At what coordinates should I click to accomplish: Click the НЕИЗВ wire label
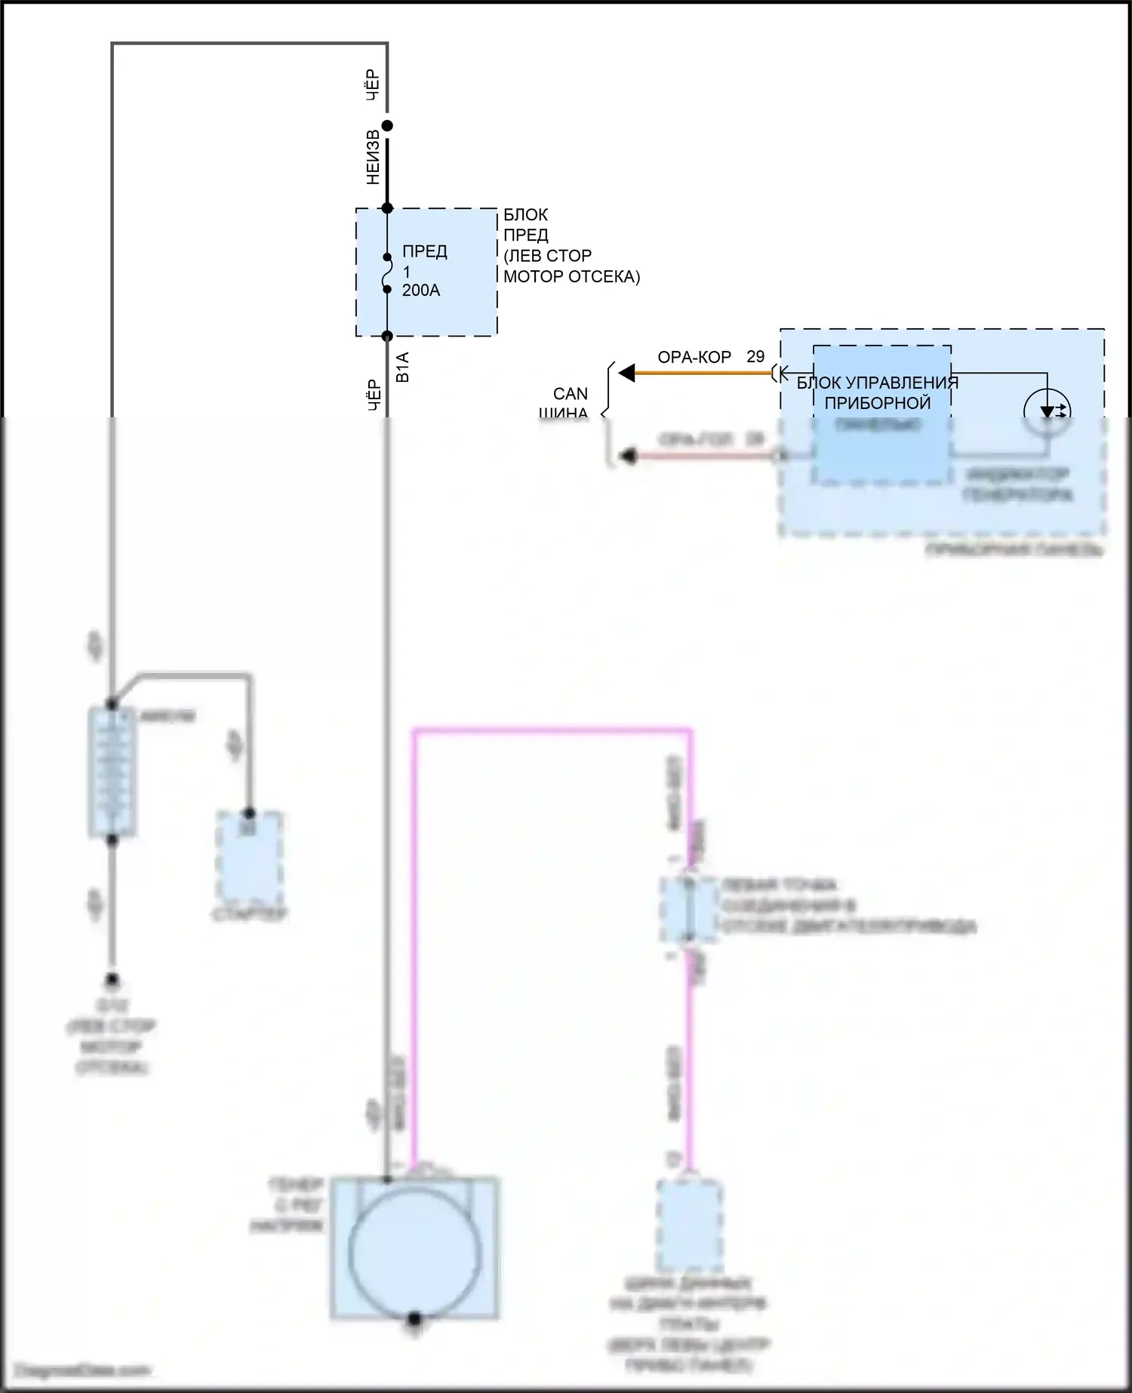click(x=373, y=158)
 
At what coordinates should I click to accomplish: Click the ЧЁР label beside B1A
click(x=374, y=395)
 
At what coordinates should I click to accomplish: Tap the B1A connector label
click(x=403, y=367)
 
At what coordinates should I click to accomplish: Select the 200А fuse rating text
click(x=421, y=291)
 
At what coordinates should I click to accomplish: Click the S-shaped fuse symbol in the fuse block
click(x=387, y=273)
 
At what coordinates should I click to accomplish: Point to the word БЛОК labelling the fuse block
click(x=525, y=215)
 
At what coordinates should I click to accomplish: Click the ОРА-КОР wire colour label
click(x=694, y=358)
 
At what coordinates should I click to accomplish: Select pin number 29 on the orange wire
click(x=755, y=357)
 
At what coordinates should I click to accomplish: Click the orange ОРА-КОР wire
click(x=702, y=373)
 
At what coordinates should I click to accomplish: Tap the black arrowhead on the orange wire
click(x=626, y=373)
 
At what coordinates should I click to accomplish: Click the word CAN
click(x=571, y=394)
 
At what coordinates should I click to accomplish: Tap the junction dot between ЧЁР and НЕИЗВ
click(x=387, y=126)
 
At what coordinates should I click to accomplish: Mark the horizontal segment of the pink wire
click(x=551, y=730)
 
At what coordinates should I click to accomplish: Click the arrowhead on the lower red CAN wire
click(x=626, y=456)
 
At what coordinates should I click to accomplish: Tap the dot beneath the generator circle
click(x=414, y=1318)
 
